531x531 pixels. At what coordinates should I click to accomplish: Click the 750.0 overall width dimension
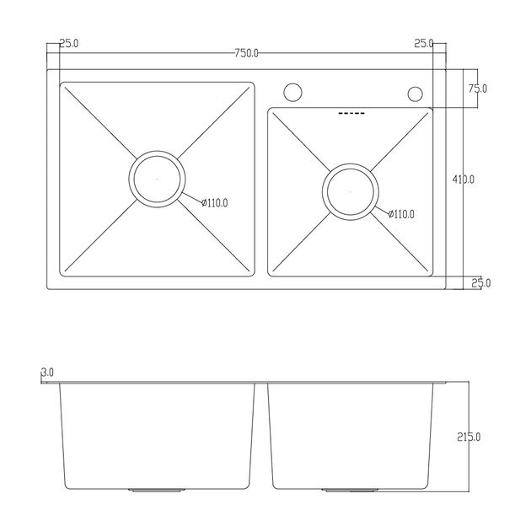point(246,53)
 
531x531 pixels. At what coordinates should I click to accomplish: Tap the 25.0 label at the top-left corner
point(69,43)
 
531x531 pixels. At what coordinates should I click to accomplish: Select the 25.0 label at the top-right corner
point(424,43)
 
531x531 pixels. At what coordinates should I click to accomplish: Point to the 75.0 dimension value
point(478,88)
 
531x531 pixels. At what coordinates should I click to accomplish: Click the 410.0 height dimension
point(464,180)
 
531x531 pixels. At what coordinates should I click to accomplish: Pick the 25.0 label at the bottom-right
point(481,282)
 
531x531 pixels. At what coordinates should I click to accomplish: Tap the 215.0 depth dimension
point(469,437)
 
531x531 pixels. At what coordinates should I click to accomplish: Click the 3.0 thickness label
point(47,373)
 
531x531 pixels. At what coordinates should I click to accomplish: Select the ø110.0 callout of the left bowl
point(215,203)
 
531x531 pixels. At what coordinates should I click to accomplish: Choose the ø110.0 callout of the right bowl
point(401,214)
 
